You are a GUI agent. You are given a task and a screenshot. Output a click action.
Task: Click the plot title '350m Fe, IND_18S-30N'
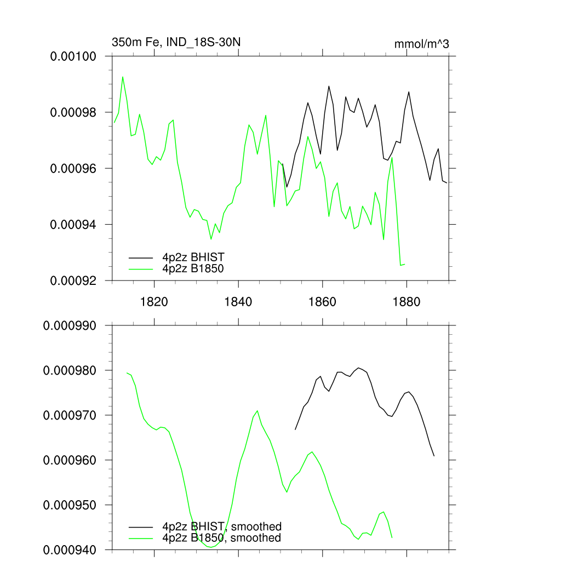tap(176, 42)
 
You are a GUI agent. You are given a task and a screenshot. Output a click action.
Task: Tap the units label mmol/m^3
tap(421, 44)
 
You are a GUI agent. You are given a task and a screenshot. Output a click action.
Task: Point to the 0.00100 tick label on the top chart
tap(73, 56)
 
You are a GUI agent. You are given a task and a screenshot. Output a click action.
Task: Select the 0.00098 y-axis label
tap(73, 112)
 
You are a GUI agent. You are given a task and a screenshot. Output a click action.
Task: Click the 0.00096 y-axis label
tap(73, 168)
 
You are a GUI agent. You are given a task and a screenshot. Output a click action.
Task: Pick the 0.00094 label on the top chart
tap(73, 225)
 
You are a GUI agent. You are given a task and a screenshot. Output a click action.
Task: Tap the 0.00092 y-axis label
tap(73, 280)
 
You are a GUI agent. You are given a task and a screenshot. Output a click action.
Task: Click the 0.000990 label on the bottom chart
tap(71, 325)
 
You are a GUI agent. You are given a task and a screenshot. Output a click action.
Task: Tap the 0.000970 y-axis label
tap(71, 415)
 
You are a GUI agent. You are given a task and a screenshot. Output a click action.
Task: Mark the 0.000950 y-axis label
tap(71, 505)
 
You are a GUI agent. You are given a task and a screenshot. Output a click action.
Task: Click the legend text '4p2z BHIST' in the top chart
tap(193, 256)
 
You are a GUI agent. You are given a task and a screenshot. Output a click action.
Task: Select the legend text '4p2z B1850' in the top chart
tap(193, 268)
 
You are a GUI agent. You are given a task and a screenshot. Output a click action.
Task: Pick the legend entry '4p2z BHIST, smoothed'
tap(222, 527)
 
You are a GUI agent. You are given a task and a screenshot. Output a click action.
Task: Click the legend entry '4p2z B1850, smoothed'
tap(222, 538)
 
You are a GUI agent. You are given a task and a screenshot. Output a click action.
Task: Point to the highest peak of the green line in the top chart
tap(123, 77)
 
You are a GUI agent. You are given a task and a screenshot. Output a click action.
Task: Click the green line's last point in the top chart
tap(405, 264)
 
